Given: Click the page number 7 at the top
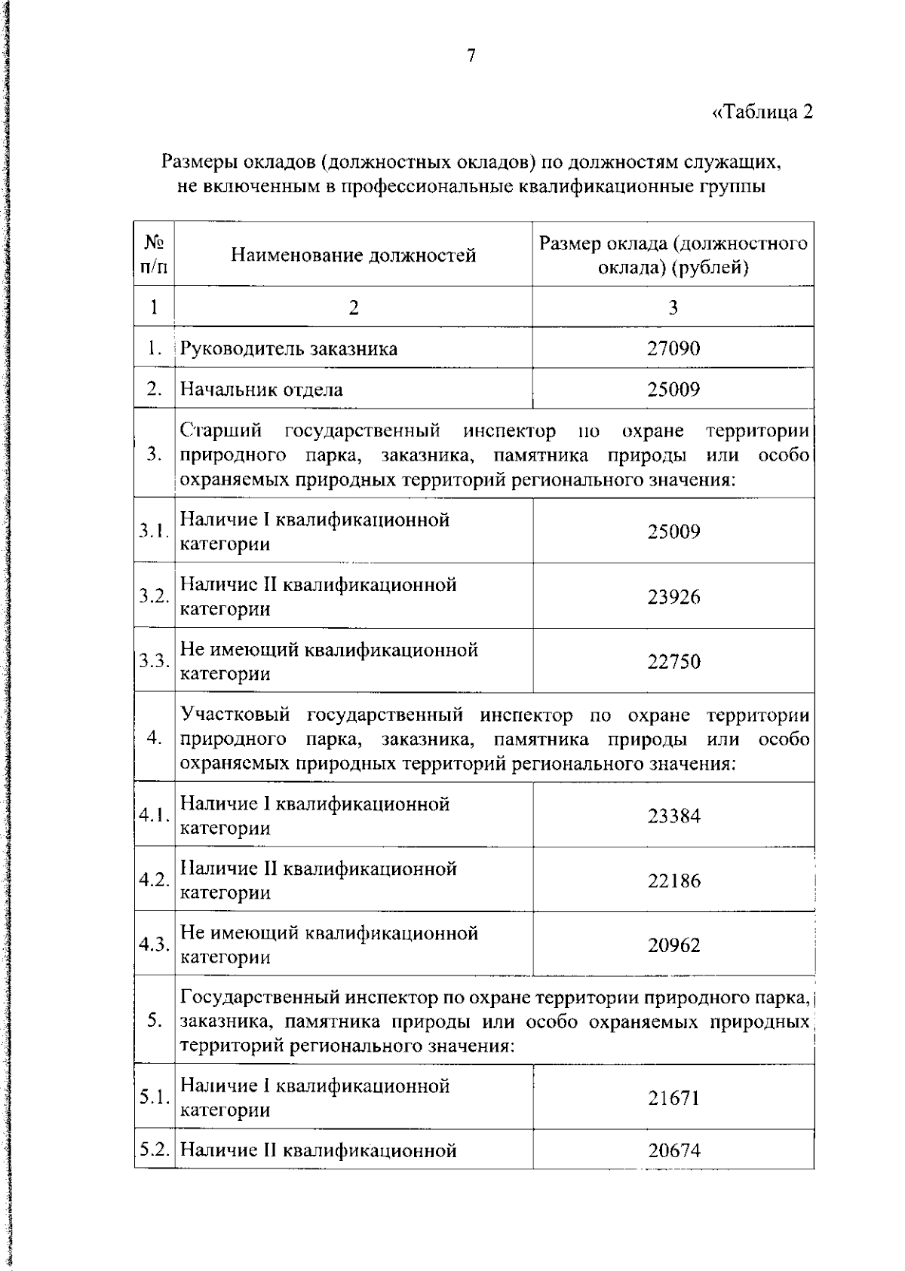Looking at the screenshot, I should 471,56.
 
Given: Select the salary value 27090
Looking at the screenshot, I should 673,348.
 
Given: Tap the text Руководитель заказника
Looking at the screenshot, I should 289,349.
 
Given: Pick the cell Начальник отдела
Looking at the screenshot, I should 261,390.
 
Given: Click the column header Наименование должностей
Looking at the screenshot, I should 353,256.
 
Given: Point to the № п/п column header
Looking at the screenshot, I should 154,255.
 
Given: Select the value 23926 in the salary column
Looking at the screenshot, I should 673,597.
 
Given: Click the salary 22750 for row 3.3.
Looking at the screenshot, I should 673,662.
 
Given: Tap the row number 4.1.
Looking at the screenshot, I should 154,816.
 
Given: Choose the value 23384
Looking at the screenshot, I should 673,816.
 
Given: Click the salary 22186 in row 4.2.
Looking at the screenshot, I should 673,881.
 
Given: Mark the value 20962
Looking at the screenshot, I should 673,945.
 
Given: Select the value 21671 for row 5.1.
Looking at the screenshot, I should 673,1098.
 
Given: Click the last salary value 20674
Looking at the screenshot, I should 673,1151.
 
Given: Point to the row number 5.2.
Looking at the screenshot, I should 154,1151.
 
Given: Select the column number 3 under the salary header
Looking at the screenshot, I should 673,307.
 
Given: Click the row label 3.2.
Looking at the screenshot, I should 154,597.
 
